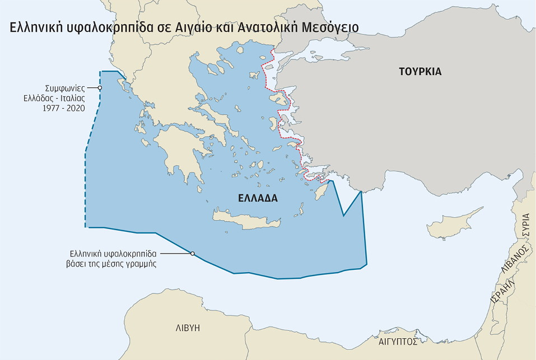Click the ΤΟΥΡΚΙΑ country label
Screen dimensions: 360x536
coord(420,72)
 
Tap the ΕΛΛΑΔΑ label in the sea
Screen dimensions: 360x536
coord(258,198)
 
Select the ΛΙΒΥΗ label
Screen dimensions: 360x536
coord(188,328)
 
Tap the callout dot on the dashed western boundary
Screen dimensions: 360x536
coord(100,88)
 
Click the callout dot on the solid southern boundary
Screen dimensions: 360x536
coord(192,254)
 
